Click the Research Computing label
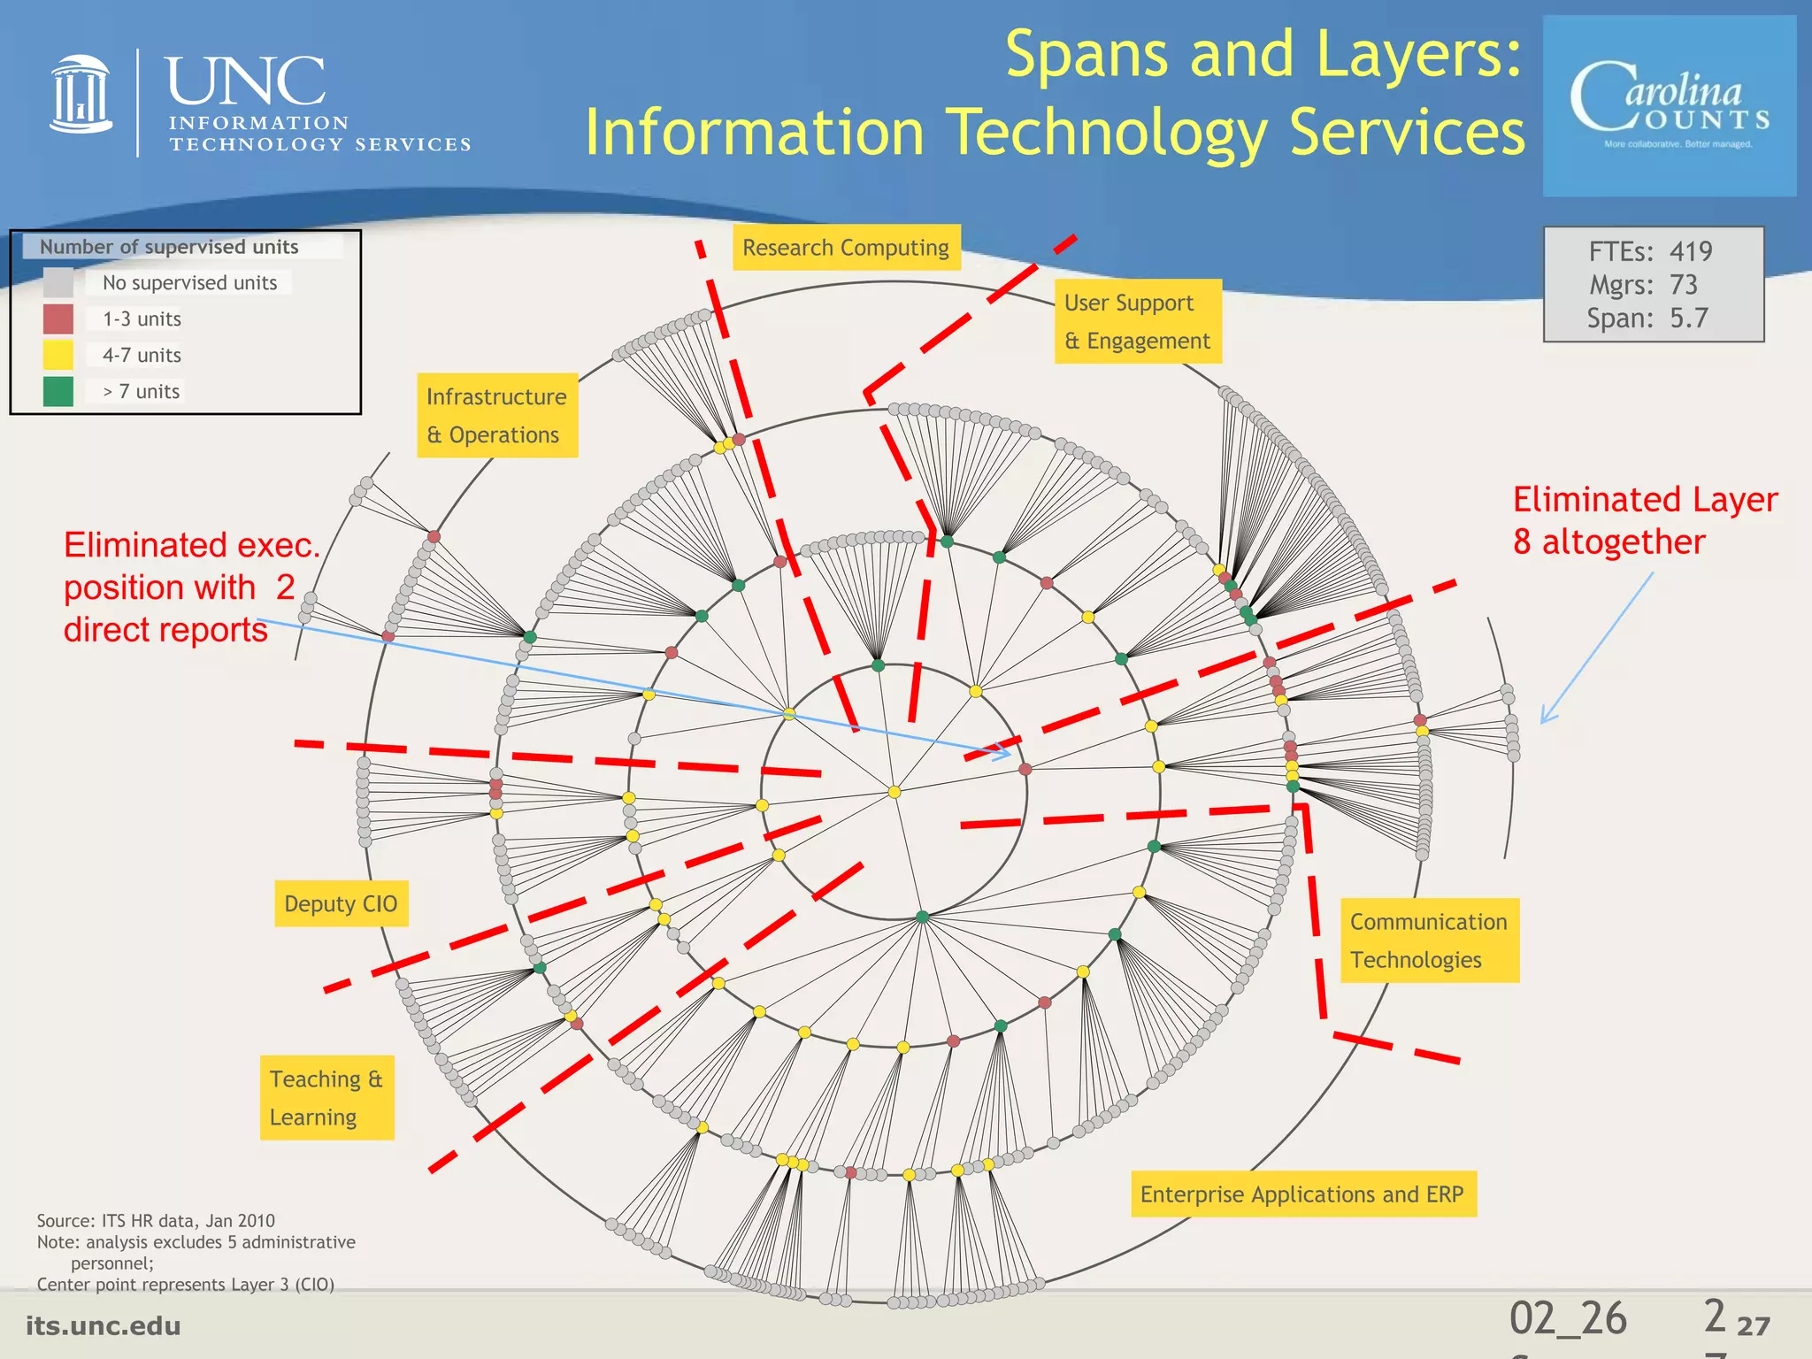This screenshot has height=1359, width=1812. (x=845, y=248)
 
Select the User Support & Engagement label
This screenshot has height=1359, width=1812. (x=1137, y=322)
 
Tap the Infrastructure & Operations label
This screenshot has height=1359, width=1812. (x=496, y=415)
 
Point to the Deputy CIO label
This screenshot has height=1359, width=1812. (x=341, y=903)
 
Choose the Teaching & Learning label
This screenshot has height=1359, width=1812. (x=326, y=1098)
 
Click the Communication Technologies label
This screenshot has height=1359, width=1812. (x=1428, y=941)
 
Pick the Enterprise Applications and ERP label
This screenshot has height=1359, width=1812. (x=1302, y=1194)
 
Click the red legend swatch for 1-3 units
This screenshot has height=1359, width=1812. (x=58, y=319)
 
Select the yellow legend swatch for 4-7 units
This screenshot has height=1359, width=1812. (x=58, y=355)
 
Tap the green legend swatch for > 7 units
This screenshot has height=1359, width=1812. (x=58, y=391)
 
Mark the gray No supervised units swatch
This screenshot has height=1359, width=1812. (x=58, y=282)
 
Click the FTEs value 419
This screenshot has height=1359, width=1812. (x=1691, y=251)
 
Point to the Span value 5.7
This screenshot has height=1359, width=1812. (x=1688, y=319)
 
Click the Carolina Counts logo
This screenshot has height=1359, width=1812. (x=1670, y=106)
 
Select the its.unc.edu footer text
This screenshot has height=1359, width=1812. (x=104, y=1325)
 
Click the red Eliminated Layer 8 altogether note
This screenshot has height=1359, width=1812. (x=1644, y=521)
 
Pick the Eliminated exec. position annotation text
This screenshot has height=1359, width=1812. (x=190, y=587)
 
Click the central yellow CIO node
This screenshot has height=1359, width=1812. (x=894, y=792)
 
